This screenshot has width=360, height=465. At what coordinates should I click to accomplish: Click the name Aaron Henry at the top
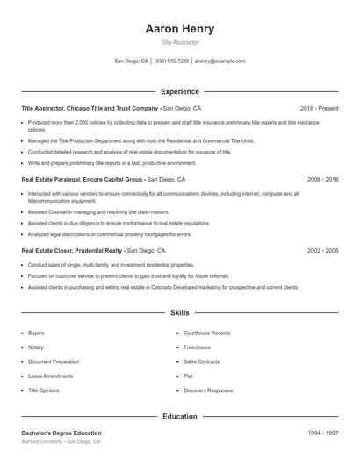(179, 29)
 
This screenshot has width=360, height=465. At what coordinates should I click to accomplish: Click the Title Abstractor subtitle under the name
(179, 42)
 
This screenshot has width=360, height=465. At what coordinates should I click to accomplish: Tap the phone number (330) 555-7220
(171, 61)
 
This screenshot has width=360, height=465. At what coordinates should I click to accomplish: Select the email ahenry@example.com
(220, 61)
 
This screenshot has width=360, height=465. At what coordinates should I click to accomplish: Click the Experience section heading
(179, 91)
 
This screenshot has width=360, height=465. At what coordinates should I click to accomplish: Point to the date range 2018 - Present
(319, 108)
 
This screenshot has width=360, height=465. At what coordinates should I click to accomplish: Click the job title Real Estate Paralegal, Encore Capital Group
(83, 179)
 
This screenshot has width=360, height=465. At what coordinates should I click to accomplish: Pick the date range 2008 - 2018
(322, 179)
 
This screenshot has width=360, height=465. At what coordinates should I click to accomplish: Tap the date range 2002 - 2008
(322, 250)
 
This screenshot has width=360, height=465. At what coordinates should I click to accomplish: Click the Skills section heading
(179, 313)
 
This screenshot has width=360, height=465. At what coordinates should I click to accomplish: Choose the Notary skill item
(36, 347)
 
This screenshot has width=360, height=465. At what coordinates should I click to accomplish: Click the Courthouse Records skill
(207, 333)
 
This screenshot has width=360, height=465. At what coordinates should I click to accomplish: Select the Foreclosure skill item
(198, 347)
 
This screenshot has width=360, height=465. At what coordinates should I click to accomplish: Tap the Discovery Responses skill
(208, 390)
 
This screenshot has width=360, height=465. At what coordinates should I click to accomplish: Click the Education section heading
(179, 417)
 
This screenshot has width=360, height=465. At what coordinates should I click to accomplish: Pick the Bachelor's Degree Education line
(61, 433)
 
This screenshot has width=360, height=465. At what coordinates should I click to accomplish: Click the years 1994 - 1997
(322, 433)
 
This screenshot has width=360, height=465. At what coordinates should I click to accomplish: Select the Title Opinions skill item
(44, 390)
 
